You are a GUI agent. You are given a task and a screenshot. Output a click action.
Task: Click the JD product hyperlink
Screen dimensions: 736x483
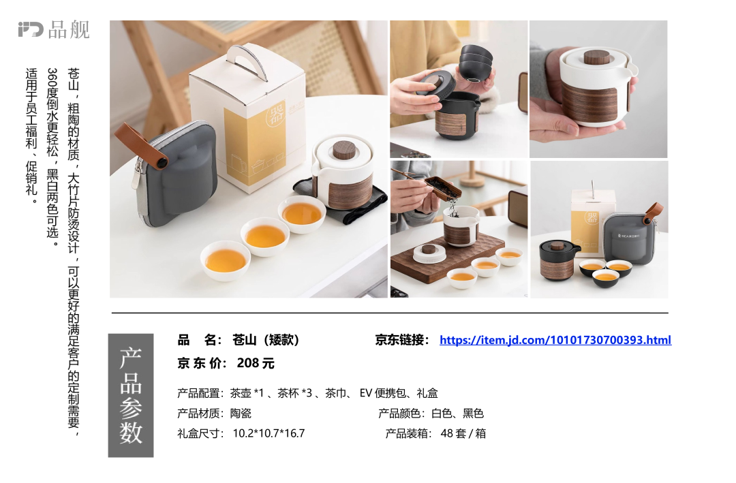point(555,340)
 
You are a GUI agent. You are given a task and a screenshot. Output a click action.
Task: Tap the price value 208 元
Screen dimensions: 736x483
point(256,363)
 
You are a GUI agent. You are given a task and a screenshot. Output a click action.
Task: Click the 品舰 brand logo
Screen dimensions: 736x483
point(54,29)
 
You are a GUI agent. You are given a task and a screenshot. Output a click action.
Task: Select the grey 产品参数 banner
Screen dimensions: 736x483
point(131,395)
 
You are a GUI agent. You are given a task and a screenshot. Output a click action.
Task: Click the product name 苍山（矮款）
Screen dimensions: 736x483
point(266,340)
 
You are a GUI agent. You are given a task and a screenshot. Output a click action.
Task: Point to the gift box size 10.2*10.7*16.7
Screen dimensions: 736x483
point(269,433)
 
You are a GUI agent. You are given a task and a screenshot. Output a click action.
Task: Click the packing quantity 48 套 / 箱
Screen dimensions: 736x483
point(463,433)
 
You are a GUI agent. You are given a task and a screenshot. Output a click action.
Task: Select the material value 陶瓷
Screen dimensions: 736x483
point(241,413)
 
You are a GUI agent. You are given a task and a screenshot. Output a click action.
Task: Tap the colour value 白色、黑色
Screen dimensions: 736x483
point(458,413)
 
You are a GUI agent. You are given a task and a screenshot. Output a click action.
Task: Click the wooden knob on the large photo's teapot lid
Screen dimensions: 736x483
point(343,150)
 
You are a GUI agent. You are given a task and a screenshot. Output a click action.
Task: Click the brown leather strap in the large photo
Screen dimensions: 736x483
point(141,144)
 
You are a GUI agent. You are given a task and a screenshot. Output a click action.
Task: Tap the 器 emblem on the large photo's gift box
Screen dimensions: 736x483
point(275,115)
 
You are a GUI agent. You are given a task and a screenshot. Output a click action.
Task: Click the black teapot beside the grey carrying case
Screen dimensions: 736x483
point(557,260)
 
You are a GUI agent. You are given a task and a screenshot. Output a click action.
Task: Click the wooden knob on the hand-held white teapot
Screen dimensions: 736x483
point(596,57)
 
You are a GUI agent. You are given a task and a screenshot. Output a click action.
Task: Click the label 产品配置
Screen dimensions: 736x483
point(199,393)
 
